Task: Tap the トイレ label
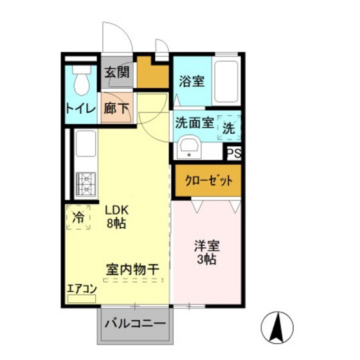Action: coord(80,109)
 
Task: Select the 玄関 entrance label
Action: coord(116,72)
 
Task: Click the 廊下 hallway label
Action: coord(116,108)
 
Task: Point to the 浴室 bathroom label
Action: coord(192,81)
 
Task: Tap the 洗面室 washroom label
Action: coord(194,123)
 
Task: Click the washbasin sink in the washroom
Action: coord(189,148)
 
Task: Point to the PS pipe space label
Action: coord(234,153)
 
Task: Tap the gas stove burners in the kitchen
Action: coord(85,184)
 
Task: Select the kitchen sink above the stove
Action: coord(85,147)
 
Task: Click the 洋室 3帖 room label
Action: coord(206,252)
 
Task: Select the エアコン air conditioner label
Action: coord(81,289)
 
